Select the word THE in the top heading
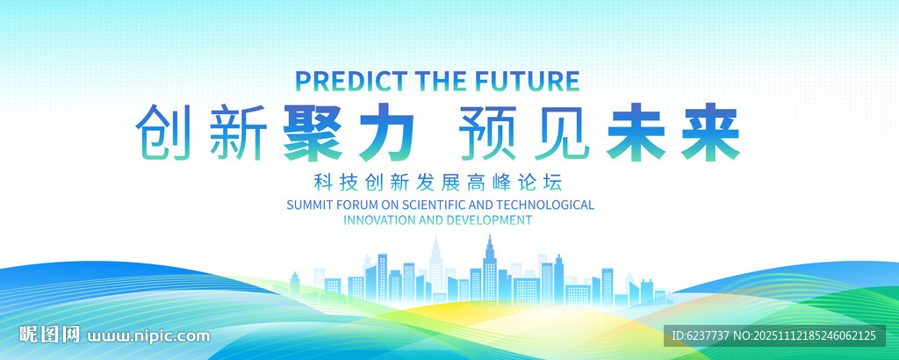point(435,81)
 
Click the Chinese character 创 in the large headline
point(165,132)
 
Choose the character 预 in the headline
point(488,132)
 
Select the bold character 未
point(638,132)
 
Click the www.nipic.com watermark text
point(149,335)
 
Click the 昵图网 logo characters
point(50,335)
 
